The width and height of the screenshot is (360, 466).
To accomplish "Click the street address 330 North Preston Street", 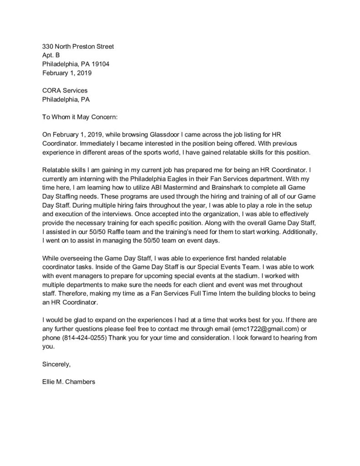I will tap(78, 46).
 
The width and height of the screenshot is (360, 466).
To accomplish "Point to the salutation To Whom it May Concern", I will tap(80, 117).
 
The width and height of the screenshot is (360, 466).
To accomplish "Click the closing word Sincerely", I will tap(56, 364).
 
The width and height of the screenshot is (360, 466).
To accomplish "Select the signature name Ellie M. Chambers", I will tap(69, 382).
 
